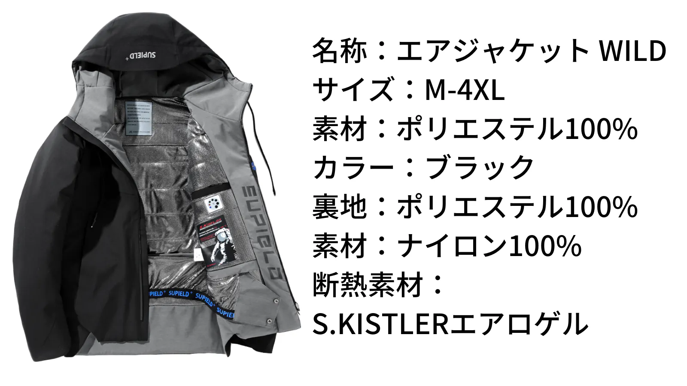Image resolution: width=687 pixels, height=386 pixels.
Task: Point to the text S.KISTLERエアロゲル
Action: pyautogui.click(x=450, y=323)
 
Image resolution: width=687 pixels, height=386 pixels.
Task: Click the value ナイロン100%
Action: pyautogui.click(x=489, y=246)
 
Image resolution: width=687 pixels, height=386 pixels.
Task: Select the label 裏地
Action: pyautogui.click(x=340, y=207)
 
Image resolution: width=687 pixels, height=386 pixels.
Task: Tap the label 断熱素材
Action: pyautogui.click(x=368, y=285)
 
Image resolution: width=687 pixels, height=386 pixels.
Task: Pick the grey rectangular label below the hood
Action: pyautogui.click(x=139, y=118)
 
